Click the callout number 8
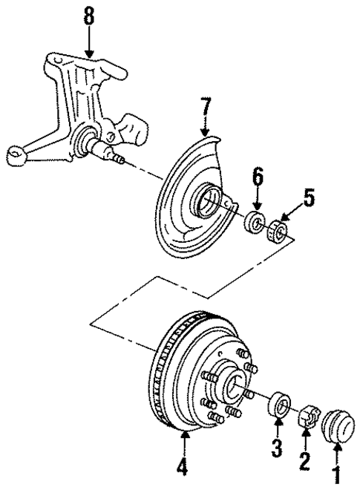pos(89,17)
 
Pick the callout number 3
pos(277,448)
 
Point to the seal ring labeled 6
pos(256,222)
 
